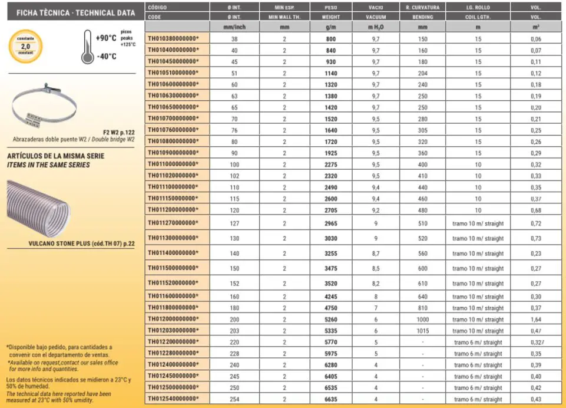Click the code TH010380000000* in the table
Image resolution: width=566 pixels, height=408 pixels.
(x=173, y=39)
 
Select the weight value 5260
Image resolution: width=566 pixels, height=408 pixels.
(x=330, y=319)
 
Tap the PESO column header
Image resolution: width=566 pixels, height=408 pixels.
(x=330, y=8)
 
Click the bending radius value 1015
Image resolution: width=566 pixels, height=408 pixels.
(x=423, y=331)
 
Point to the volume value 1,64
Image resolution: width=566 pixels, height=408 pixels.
(x=536, y=319)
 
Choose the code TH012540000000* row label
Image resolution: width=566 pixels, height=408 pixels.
(x=173, y=399)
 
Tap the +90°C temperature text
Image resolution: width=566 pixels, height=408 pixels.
(x=105, y=38)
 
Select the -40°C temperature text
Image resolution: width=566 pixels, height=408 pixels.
(x=105, y=57)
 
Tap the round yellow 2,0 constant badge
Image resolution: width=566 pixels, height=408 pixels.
(x=25, y=47)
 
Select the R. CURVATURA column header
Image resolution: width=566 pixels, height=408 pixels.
(x=423, y=8)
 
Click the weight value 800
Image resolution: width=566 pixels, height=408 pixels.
(x=330, y=39)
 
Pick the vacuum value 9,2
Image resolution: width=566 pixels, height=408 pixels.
(x=376, y=209)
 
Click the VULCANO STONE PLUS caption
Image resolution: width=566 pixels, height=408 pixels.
(x=81, y=244)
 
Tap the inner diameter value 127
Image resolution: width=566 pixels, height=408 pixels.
(x=235, y=223)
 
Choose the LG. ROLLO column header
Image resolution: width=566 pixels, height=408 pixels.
(x=478, y=8)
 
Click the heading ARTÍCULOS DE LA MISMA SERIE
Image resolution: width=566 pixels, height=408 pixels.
(x=55, y=156)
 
